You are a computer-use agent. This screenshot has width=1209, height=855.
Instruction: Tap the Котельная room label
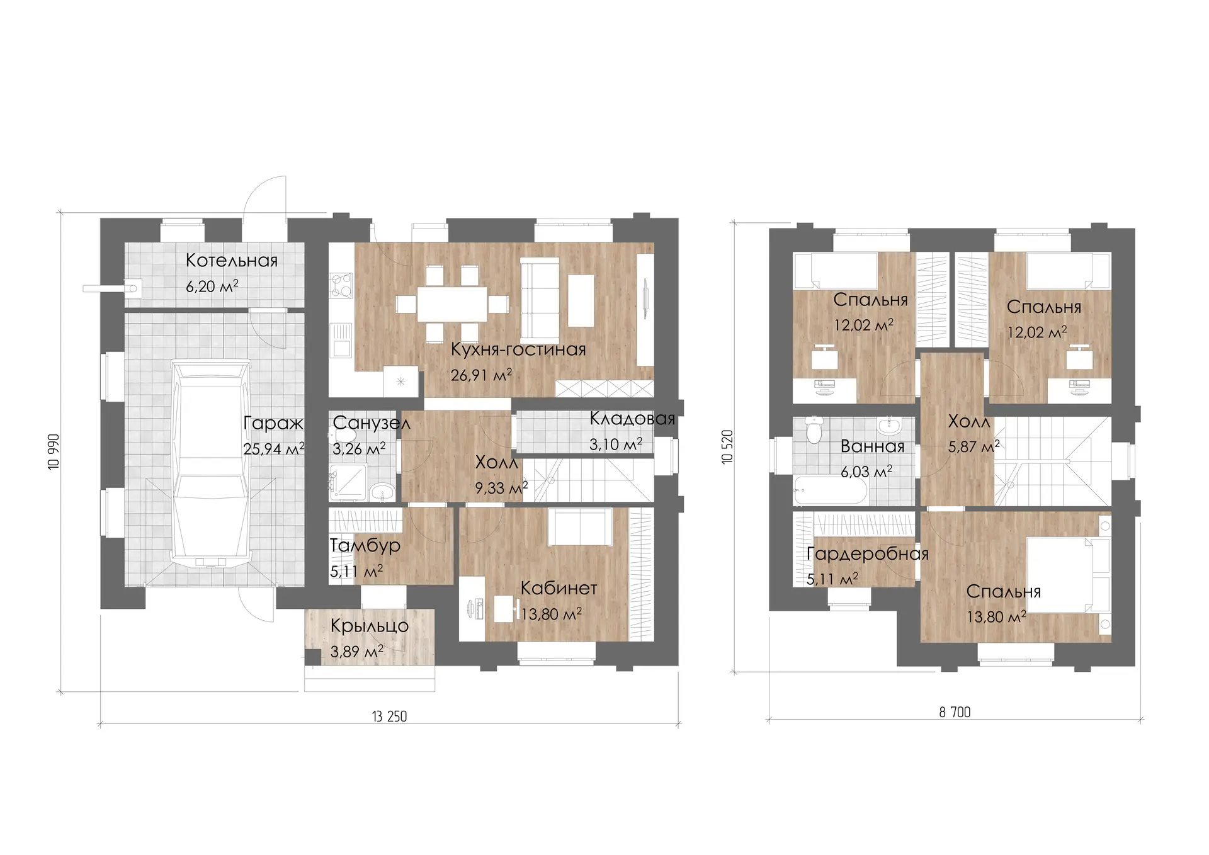232,261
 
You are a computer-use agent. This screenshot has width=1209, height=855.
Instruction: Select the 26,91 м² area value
481,375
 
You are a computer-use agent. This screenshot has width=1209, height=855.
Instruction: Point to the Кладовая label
632,419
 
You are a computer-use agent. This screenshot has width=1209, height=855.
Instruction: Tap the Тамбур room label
365,545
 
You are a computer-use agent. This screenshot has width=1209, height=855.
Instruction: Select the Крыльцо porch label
370,626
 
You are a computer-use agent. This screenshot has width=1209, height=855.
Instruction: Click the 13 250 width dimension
389,716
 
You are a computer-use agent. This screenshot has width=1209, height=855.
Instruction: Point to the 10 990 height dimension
54,451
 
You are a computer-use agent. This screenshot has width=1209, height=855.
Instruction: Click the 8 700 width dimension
955,712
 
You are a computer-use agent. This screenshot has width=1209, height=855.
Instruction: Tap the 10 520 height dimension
727,447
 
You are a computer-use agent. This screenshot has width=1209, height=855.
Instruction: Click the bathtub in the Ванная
831,490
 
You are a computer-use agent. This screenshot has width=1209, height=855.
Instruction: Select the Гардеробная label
868,554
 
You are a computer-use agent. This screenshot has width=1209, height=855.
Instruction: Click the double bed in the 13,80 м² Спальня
1069,574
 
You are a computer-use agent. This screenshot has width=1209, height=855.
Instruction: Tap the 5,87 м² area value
974,447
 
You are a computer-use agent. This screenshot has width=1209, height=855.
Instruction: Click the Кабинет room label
559,588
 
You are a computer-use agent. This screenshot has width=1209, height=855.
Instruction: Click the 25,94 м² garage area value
274,449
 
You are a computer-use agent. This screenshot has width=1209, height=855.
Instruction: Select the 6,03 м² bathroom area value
866,472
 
